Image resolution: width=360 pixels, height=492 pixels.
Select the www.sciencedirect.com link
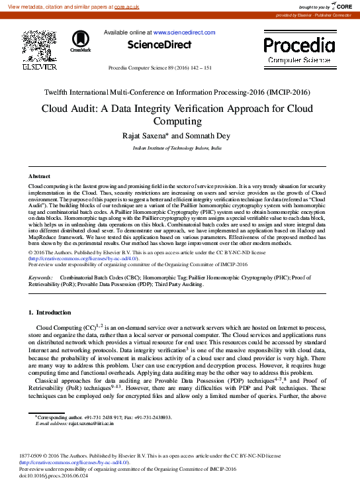[185, 32]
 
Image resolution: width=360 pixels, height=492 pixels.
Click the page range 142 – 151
[199, 68]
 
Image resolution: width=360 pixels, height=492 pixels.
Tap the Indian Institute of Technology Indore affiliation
[177, 149]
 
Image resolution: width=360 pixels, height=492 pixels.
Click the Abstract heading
[39, 176]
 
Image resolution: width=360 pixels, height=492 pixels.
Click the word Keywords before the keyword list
[42, 296]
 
